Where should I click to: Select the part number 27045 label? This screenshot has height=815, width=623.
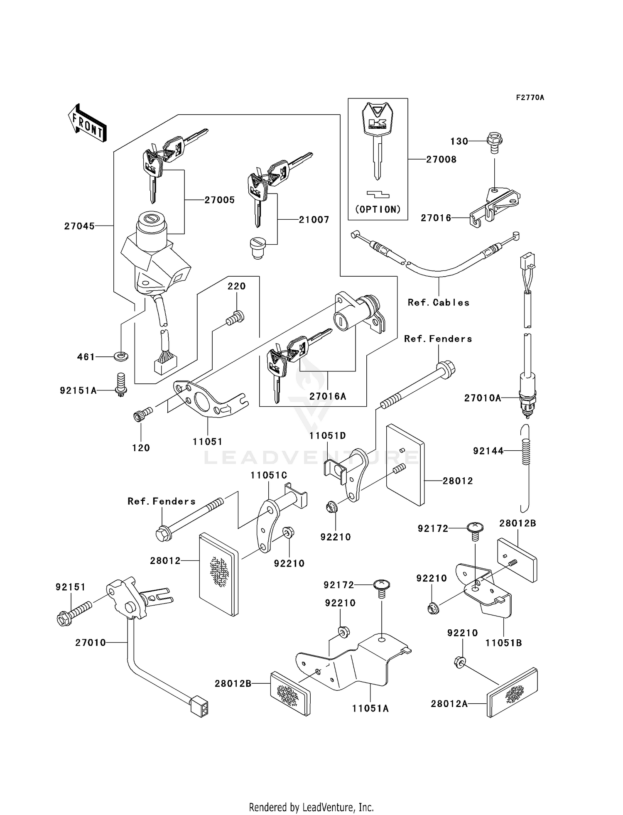tap(79, 226)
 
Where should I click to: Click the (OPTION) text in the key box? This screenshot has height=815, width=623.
tap(378, 209)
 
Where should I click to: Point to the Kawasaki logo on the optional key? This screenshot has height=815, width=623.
tap(378, 123)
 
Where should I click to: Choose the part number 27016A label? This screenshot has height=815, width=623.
tap(328, 396)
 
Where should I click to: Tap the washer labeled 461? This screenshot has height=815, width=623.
tap(121, 356)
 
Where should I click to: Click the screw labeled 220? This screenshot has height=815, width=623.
tap(235, 319)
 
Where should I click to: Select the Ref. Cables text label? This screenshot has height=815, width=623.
tap(439, 302)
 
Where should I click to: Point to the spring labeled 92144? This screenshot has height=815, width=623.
tap(526, 452)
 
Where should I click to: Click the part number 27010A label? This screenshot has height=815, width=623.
tap(483, 398)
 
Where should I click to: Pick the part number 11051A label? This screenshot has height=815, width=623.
tap(370, 709)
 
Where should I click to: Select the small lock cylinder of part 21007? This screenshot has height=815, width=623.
tap(258, 248)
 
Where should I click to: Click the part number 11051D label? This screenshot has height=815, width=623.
tap(328, 436)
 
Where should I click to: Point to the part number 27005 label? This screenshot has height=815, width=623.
tap(219, 200)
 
